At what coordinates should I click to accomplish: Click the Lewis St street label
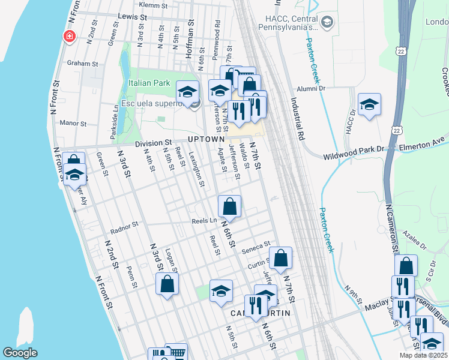coord(133,17)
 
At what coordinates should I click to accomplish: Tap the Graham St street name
coord(82,64)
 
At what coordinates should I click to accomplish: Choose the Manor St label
coord(73,123)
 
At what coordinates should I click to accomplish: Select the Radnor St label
coord(124,225)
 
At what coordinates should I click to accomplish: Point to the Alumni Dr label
coord(312,88)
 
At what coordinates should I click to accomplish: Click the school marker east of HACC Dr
coord(369,105)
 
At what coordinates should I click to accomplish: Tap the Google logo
coord(20,353)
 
